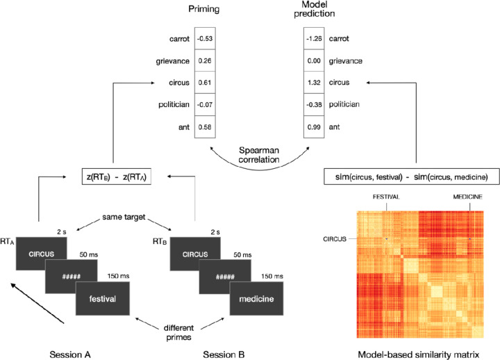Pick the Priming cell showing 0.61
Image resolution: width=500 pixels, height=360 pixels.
click(x=206, y=83)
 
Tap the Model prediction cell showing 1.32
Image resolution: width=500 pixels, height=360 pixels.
click(x=316, y=83)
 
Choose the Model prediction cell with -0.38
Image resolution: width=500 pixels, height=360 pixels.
click(x=316, y=105)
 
